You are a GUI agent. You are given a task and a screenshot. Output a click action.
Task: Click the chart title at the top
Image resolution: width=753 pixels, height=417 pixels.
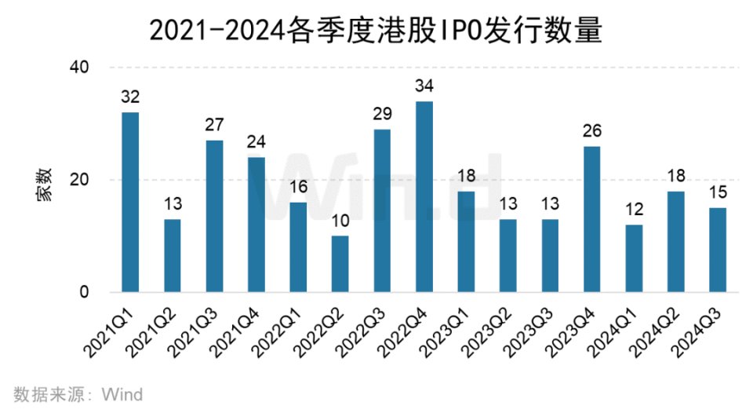click(376, 31)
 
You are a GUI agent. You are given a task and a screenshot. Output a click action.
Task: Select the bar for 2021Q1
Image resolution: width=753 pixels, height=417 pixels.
click(130, 202)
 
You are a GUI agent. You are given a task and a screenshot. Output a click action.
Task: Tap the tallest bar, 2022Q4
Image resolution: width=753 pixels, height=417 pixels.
click(424, 196)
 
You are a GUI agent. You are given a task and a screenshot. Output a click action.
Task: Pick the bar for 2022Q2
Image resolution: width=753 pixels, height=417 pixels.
click(340, 264)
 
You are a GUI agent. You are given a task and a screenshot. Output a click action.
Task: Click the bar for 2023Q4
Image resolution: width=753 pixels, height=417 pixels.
click(592, 219)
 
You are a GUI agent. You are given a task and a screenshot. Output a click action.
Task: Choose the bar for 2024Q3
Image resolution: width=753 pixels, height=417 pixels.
click(718, 250)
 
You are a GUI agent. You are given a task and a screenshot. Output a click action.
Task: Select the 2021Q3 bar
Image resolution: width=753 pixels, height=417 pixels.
click(214, 216)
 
